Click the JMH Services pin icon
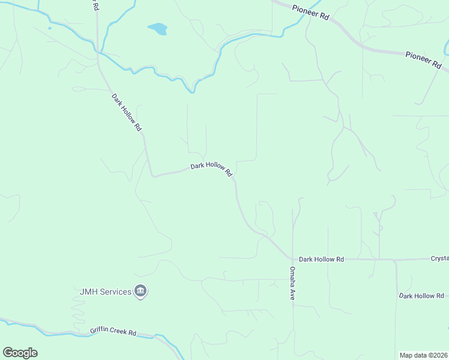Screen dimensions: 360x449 point(141,292)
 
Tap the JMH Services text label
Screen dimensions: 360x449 point(106,292)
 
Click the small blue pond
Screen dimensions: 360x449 point(158,29)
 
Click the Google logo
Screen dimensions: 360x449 point(20,352)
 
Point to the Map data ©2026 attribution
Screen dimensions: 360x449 point(423,355)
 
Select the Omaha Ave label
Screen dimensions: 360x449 point(292,283)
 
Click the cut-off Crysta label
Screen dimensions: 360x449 point(439,259)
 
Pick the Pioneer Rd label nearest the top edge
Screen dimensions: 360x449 point(310,13)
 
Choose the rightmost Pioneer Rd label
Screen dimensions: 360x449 point(424,59)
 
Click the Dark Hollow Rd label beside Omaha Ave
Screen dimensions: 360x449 point(322,259)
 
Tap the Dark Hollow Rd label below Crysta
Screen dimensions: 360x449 point(421,296)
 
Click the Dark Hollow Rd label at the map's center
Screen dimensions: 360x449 point(211,169)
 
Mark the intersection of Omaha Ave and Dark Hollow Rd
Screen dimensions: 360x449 point(293,259)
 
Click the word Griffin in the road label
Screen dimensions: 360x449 point(99,331)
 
